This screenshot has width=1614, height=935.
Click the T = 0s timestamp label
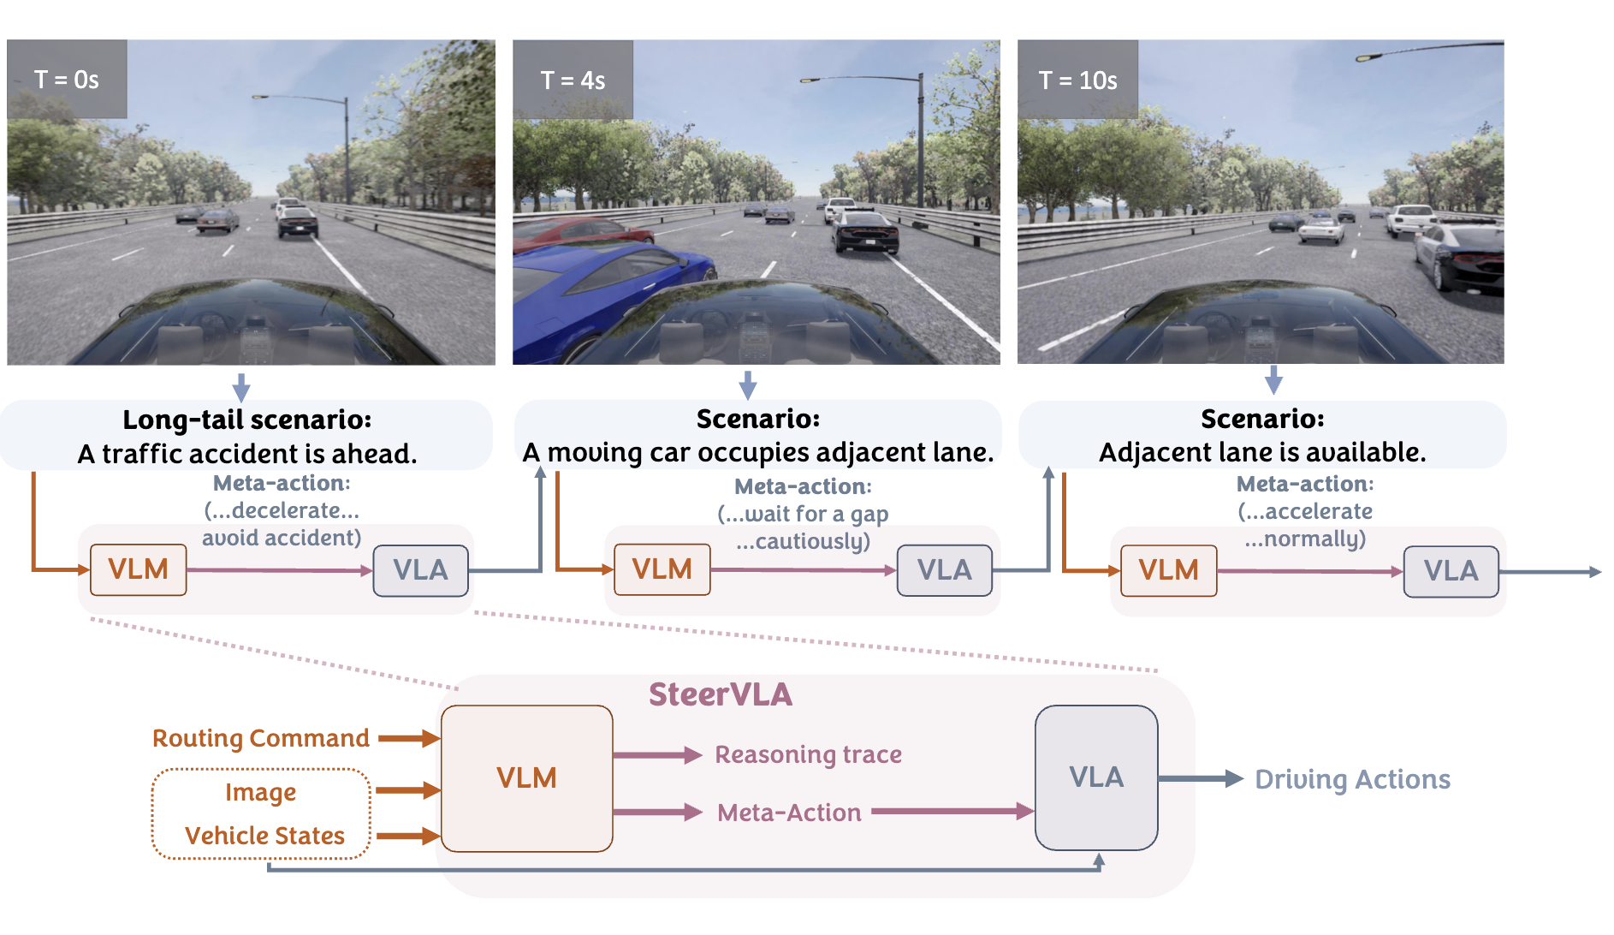click(x=67, y=80)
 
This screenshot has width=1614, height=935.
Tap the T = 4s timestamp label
click(x=573, y=80)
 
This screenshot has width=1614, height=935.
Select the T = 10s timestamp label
click(x=1077, y=80)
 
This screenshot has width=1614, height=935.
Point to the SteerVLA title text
click(x=720, y=694)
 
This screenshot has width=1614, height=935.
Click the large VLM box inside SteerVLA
click(x=526, y=777)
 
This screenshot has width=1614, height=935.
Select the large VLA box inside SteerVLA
click(x=1095, y=777)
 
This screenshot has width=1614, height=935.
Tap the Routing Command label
click(x=260, y=738)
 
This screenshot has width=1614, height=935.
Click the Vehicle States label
click(x=264, y=836)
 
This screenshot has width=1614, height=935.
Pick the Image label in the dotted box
click(x=260, y=793)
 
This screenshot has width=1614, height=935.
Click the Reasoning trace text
click(x=808, y=754)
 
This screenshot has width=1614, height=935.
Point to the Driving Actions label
click(x=1352, y=779)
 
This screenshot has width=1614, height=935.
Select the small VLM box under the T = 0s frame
click(x=138, y=569)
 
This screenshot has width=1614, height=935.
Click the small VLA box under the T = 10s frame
click(x=1451, y=571)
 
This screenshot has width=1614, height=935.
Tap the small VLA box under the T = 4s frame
click(x=944, y=570)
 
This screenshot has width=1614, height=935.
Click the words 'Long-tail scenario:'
click(x=246, y=420)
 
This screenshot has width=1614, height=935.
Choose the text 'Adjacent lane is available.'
click(x=1262, y=452)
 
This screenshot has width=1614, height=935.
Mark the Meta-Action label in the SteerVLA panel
click(x=789, y=813)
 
